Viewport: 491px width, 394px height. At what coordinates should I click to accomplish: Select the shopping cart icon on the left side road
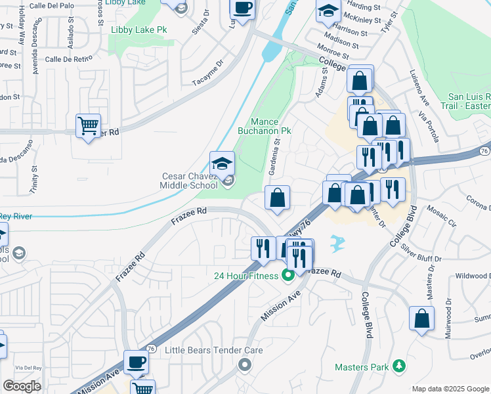88,125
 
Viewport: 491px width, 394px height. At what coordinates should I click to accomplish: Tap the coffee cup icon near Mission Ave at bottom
137,362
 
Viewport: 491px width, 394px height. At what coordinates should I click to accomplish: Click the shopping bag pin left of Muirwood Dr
421,318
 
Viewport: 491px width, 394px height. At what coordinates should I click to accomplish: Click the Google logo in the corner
22,386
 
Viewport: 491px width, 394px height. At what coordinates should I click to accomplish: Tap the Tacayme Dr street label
209,80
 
